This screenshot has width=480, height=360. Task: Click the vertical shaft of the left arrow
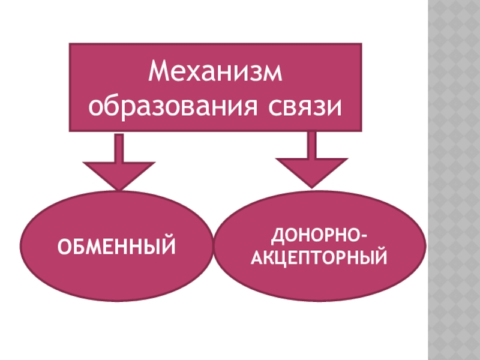tap(119, 147)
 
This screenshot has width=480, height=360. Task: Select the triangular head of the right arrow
tap(311, 170)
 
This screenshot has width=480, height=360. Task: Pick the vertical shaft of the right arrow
tap(311, 145)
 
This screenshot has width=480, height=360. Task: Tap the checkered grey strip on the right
tap(454, 180)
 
